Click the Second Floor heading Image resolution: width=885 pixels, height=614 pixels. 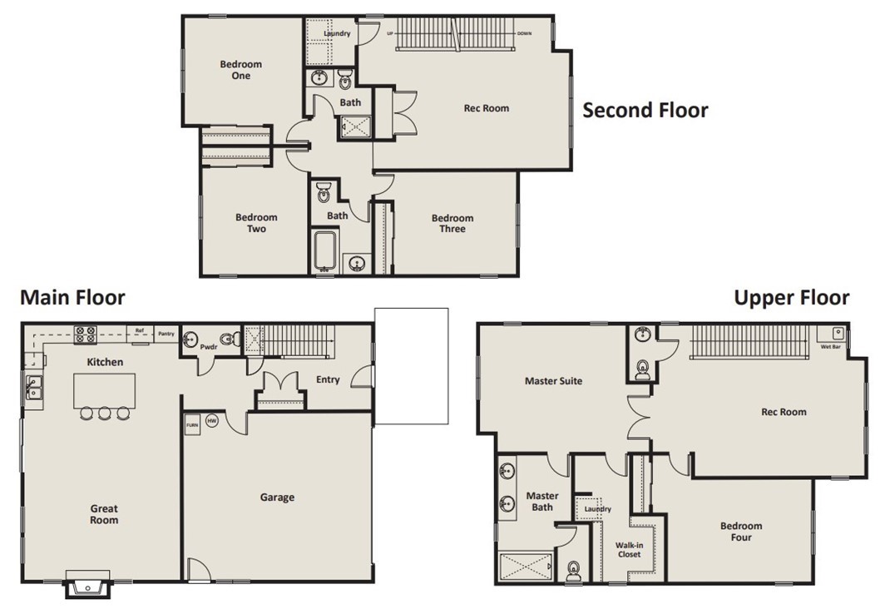(x=645, y=110)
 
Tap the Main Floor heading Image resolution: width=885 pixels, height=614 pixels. (x=73, y=297)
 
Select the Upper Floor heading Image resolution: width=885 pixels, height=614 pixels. (x=791, y=298)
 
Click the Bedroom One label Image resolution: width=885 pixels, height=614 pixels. (x=241, y=70)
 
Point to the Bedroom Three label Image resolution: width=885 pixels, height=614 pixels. (x=452, y=224)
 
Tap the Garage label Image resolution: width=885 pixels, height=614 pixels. (x=277, y=498)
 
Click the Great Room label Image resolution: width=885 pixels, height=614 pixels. (x=105, y=515)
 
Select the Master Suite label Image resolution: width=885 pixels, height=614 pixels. (x=553, y=381)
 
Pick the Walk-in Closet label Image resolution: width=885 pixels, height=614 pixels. (x=630, y=550)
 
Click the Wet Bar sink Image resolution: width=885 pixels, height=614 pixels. (x=838, y=333)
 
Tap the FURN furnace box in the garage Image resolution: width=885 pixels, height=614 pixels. (x=192, y=425)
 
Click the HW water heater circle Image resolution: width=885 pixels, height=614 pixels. (x=211, y=421)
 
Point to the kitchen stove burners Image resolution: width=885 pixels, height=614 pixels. (x=85, y=334)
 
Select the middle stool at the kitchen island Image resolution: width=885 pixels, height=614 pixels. (x=105, y=413)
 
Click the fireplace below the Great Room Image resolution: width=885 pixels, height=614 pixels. (x=88, y=586)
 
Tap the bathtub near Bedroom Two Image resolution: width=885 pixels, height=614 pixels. (x=324, y=251)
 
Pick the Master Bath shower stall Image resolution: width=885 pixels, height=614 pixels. (x=526, y=567)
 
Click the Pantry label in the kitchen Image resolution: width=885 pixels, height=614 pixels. (x=166, y=334)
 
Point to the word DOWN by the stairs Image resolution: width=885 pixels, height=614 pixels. (x=524, y=33)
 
